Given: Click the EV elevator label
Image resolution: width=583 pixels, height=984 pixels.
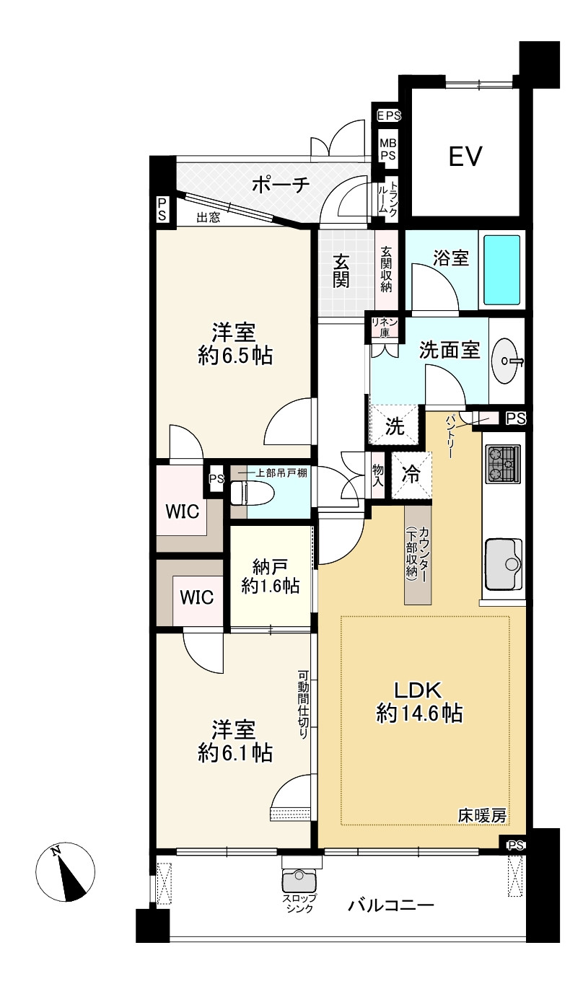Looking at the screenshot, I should point(465,156).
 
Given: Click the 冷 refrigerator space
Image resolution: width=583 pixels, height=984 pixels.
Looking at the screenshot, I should point(411,475).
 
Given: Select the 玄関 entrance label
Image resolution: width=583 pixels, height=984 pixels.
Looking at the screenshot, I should point(341,271).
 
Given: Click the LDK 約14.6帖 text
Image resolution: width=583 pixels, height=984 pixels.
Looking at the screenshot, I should point(418,701).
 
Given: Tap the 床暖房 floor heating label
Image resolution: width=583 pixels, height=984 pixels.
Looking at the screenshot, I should point(482,816).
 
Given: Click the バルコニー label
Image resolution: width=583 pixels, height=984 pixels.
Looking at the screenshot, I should point(390,904).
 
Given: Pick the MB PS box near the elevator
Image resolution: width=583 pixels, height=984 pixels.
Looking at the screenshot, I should point(388,149).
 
